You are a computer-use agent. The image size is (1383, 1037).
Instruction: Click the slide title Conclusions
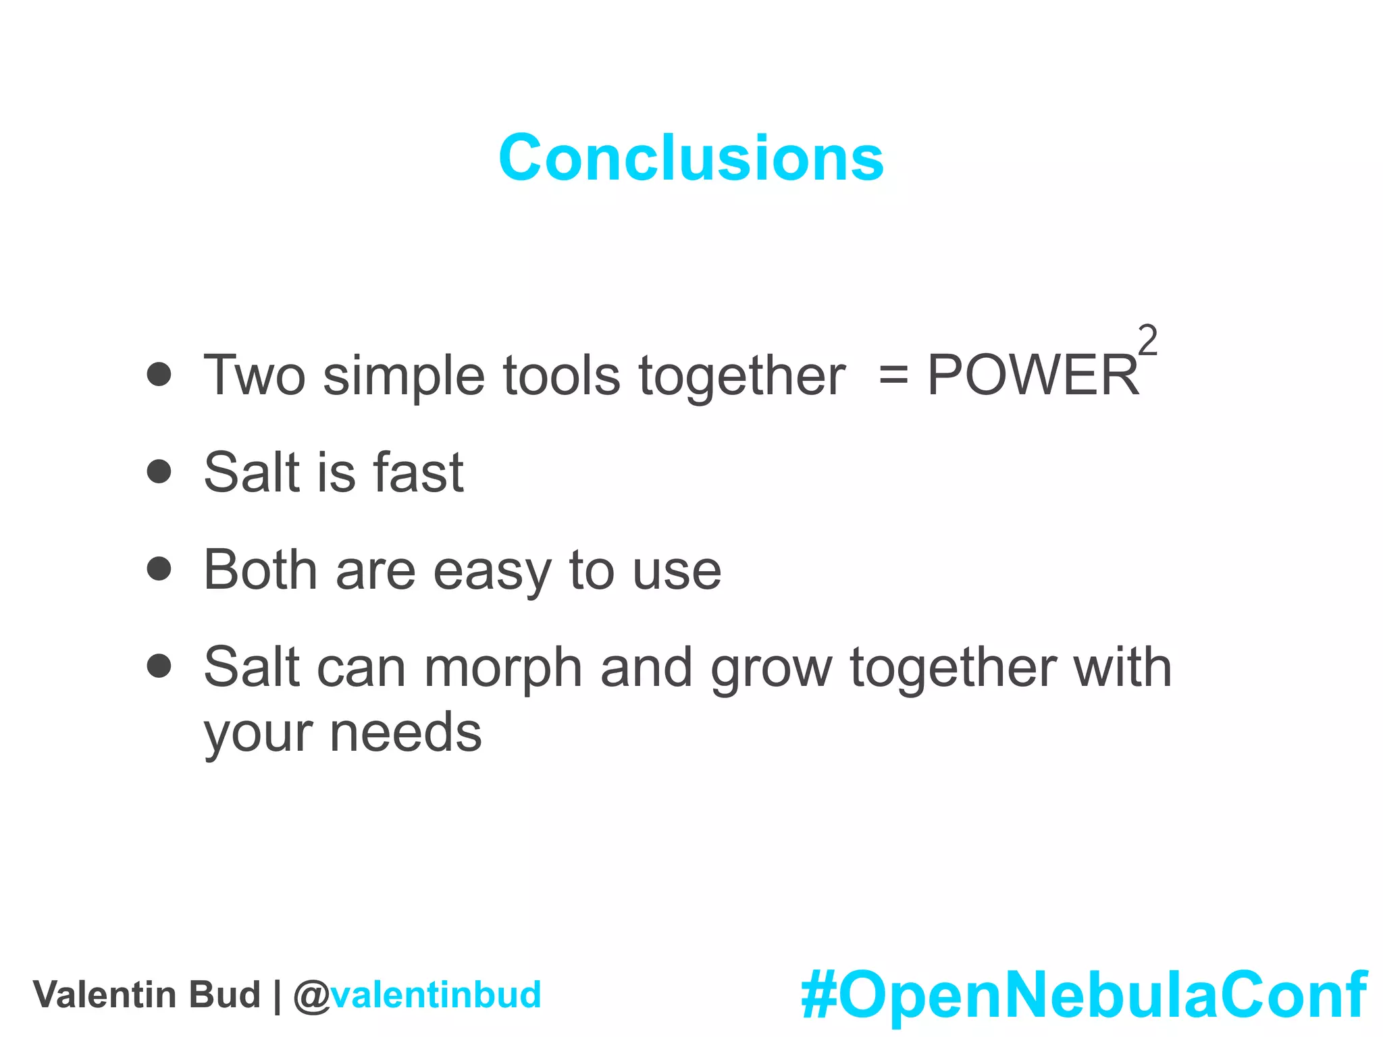(x=691, y=158)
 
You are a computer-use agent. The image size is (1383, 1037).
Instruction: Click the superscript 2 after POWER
(x=1147, y=341)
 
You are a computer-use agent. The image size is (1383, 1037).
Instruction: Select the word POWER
(x=1033, y=375)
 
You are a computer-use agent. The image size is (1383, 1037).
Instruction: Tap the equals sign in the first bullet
(x=893, y=377)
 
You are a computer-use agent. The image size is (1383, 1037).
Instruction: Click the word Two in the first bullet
(x=255, y=375)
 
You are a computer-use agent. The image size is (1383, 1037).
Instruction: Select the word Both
(x=260, y=570)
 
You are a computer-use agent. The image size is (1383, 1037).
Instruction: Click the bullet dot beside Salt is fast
(x=159, y=471)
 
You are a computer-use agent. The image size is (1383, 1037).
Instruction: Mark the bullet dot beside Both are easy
(x=159, y=568)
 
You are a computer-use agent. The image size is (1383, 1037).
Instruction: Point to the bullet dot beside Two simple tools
(x=159, y=374)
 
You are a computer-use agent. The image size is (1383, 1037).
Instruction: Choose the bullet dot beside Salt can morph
(x=159, y=666)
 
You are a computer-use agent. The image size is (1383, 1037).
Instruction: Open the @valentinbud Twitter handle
(x=417, y=995)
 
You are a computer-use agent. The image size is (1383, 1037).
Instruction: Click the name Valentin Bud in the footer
(x=147, y=995)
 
